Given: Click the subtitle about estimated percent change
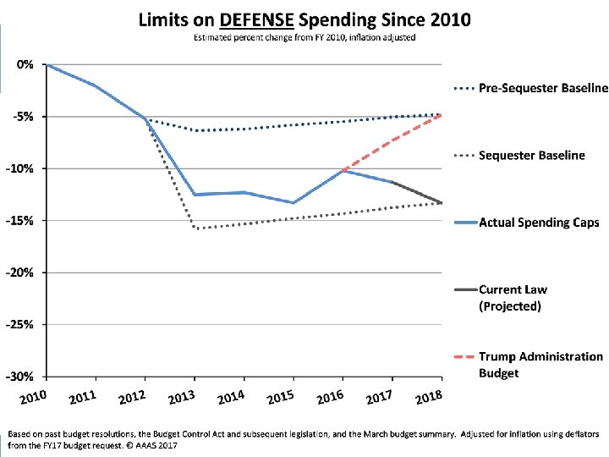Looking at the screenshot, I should point(304,37).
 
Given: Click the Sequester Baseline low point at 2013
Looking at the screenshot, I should point(195,228).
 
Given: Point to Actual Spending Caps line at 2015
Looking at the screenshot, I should point(294,203).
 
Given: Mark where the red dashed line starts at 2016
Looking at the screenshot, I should point(343,170).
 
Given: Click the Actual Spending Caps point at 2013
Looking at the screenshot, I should point(195,195).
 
